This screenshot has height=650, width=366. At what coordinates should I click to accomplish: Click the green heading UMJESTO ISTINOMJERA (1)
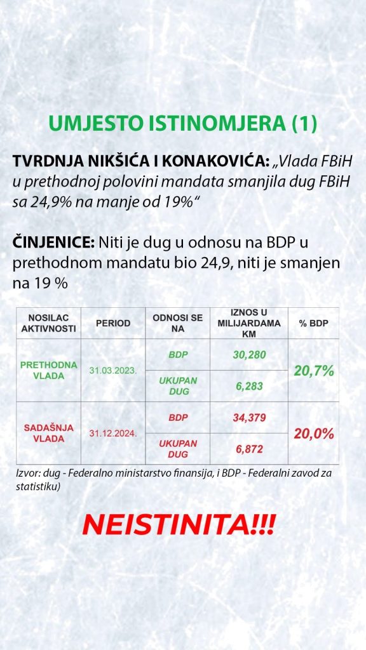click(183, 124)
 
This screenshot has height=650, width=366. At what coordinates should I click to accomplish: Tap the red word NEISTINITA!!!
click(179, 526)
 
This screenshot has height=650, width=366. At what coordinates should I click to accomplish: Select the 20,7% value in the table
click(314, 371)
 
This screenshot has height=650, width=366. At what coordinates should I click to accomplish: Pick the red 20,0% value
click(314, 434)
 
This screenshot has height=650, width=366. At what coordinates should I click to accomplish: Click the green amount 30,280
click(249, 354)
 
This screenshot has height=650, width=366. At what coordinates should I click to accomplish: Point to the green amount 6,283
click(249, 386)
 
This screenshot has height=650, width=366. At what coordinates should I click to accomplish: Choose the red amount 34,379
click(249, 418)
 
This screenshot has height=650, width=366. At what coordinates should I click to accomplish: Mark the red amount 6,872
click(249, 449)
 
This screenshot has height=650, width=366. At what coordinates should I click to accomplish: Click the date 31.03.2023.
click(113, 371)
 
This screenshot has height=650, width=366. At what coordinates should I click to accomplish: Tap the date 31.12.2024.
click(113, 434)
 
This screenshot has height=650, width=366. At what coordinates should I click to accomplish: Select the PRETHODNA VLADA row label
click(48, 370)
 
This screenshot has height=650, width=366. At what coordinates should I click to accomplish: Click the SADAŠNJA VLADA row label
click(48, 433)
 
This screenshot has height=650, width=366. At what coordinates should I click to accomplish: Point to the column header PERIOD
click(113, 323)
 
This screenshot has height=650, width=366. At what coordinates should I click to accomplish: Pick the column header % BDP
click(313, 323)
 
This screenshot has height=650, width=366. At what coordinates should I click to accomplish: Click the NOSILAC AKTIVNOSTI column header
click(48, 323)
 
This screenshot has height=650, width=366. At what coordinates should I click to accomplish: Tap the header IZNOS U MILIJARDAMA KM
click(249, 323)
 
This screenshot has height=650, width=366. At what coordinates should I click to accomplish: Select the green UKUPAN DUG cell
click(178, 386)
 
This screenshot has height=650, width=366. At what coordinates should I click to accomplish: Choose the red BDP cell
click(178, 418)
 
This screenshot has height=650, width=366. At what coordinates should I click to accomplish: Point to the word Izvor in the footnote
click(25, 474)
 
